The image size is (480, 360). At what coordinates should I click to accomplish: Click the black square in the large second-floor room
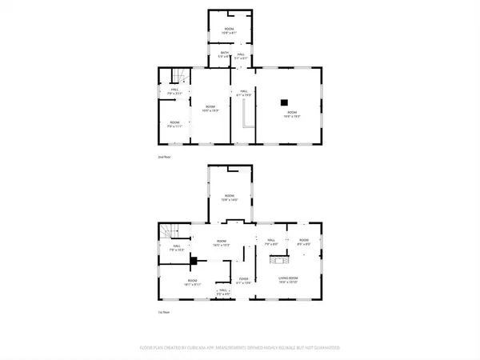pyautogui.click(x=282, y=102)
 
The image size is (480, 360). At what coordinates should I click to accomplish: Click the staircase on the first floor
pyautogui.click(x=170, y=231)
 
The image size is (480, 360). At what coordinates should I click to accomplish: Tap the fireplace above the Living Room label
pyautogui.click(x=279, y=258)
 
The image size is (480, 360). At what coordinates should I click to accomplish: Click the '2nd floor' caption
pyautogui.click(x=164, y=157)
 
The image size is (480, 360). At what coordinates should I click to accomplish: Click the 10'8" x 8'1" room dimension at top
pyautogui.click(x=230, y=31)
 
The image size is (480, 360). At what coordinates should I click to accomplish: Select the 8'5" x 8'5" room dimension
pyautogui.click(x=303, y=244)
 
